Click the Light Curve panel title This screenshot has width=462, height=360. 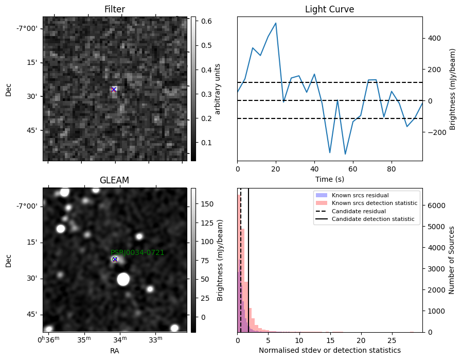pyautogui.click(x=329, y=9)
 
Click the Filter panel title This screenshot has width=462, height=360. pyautogui.click(x=115, y=9)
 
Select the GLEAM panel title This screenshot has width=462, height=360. pyautogui.click(x=114, y=180)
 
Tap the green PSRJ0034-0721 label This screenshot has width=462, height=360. pyautogui.click(x=137, y=252)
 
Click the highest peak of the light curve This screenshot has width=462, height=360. pyautogui.click(x=276, y=23)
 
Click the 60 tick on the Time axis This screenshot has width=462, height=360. pyautogui.click(x=353, y=169)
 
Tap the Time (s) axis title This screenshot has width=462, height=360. pyautogui.click(x=330, y=179)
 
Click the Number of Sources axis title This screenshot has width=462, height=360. pyautogui.click(x=451, y=261)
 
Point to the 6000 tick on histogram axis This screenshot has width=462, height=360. pyautogui.click(x=437, y=205)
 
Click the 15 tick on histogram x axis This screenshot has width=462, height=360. pyautogui.click(x=330, y=340)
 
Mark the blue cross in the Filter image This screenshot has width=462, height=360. pyautogui.click(x=114, y=89)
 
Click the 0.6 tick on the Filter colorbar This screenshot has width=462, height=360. pyautogui.click(x=206, y=21)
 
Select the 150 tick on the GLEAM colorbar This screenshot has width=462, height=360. pyautogui.click(x=207, y=204)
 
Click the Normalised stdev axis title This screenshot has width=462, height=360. pyautogui.click(x=330, y=350)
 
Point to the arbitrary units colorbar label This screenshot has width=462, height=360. pyautogui.click(x=218, y=89)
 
